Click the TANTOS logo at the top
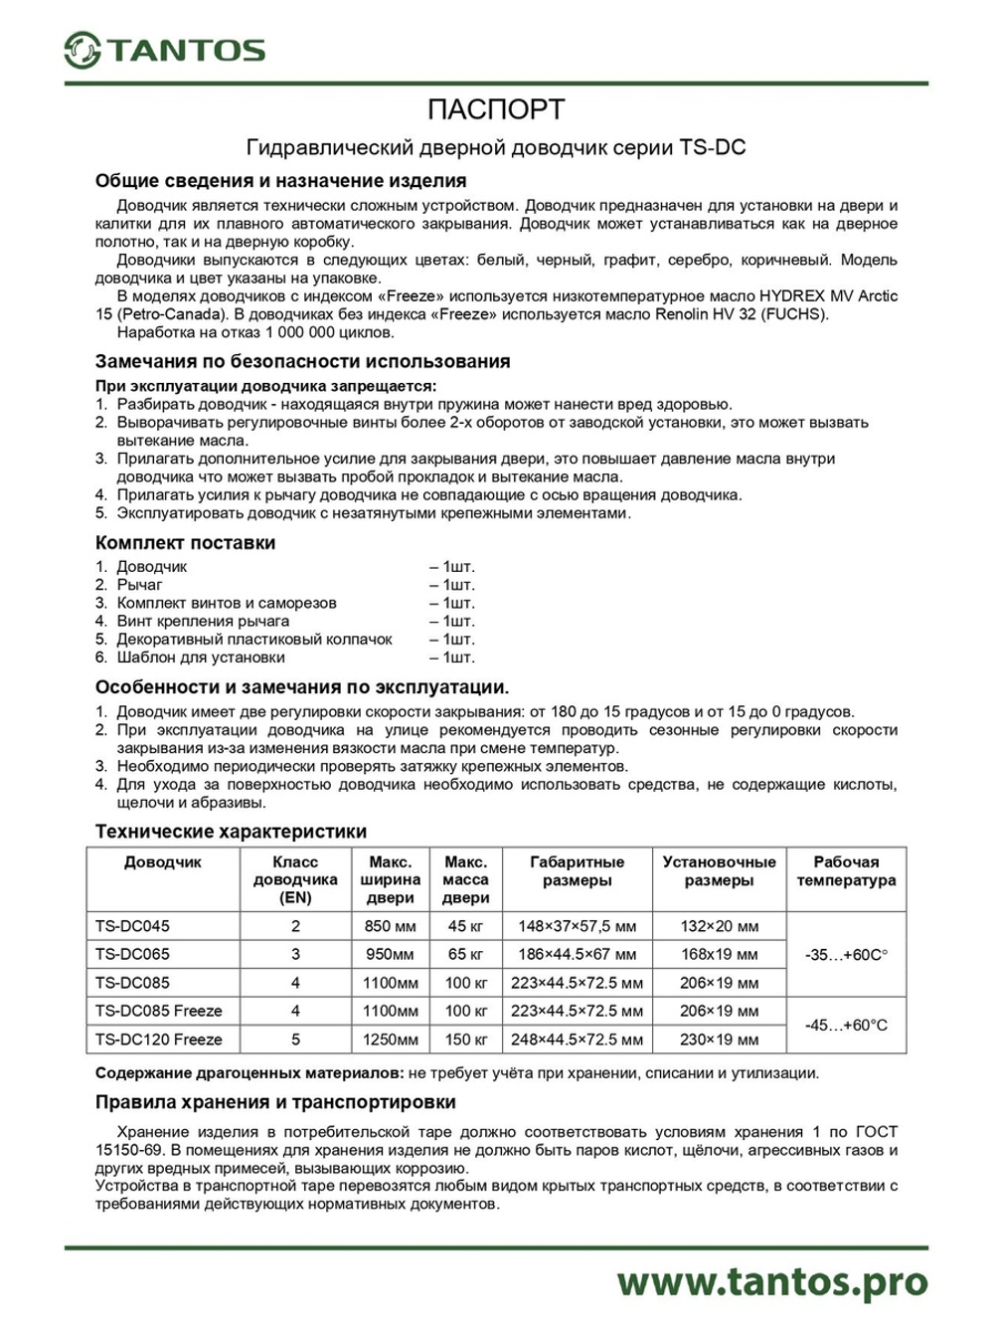pos(165,50)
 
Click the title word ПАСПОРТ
pos(496,109)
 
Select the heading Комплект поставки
pos(185,542)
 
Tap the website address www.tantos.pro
pos(771,1281)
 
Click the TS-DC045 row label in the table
pos(132,926)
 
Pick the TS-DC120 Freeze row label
pos(159,1040)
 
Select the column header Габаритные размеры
pos(577,871)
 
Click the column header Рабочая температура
pos(846,871)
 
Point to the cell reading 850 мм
pos(390,926)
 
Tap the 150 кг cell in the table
pos(465,1040)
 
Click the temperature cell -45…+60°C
pos(846,1025)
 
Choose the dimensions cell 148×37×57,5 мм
pos(577,926)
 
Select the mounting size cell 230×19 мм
pos(719,1040)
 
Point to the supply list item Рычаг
pos(139,585)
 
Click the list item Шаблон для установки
pos(200,658)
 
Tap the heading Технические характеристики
pos(231,831)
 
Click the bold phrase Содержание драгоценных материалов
pos(248,1073)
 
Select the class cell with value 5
pos(295,1040)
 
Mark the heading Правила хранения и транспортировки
pos(275,1102)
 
